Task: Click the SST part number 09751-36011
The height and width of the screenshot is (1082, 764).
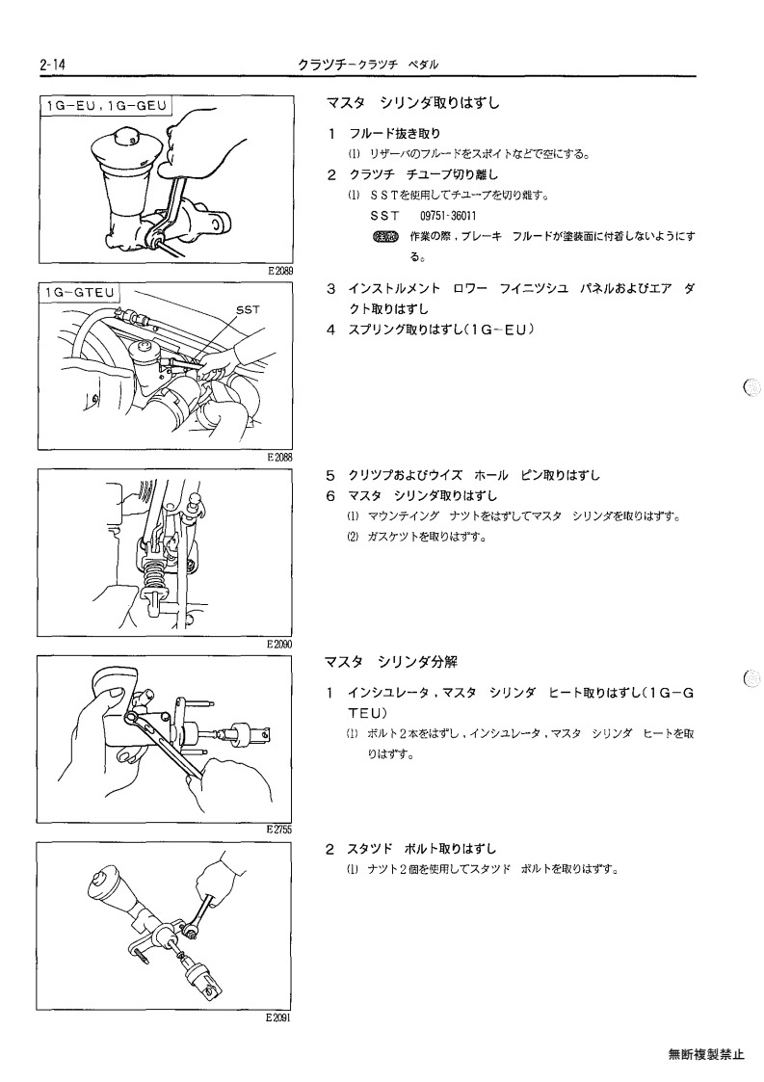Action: tap(448, 216)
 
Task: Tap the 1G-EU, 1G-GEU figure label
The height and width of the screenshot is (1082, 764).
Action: tap(106, 106)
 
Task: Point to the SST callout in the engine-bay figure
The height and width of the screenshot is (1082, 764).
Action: tap(248, 310)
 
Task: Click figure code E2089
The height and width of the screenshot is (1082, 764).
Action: tap(280, 271)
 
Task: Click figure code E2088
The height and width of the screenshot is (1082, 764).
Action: tap(280, 457)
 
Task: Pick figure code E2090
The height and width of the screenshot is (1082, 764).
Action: tap(280, 645)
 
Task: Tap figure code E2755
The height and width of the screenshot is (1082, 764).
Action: tap(280, 831)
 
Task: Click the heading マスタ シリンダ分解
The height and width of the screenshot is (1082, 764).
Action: tap(391, 663)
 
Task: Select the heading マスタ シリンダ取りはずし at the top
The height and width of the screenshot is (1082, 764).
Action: tap(412, 103)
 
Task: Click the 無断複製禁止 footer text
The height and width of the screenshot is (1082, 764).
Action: tap(707, 1054)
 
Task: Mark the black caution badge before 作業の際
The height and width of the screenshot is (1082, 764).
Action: tap(385, 237)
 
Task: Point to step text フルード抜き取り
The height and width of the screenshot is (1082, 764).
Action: tap(395, 133)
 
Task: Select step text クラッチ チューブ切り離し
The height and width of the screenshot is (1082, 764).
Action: tap(423, 174)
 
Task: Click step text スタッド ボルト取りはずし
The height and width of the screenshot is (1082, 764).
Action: tap(421, 849)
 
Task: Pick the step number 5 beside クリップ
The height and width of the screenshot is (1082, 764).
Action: tap(330, 475)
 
